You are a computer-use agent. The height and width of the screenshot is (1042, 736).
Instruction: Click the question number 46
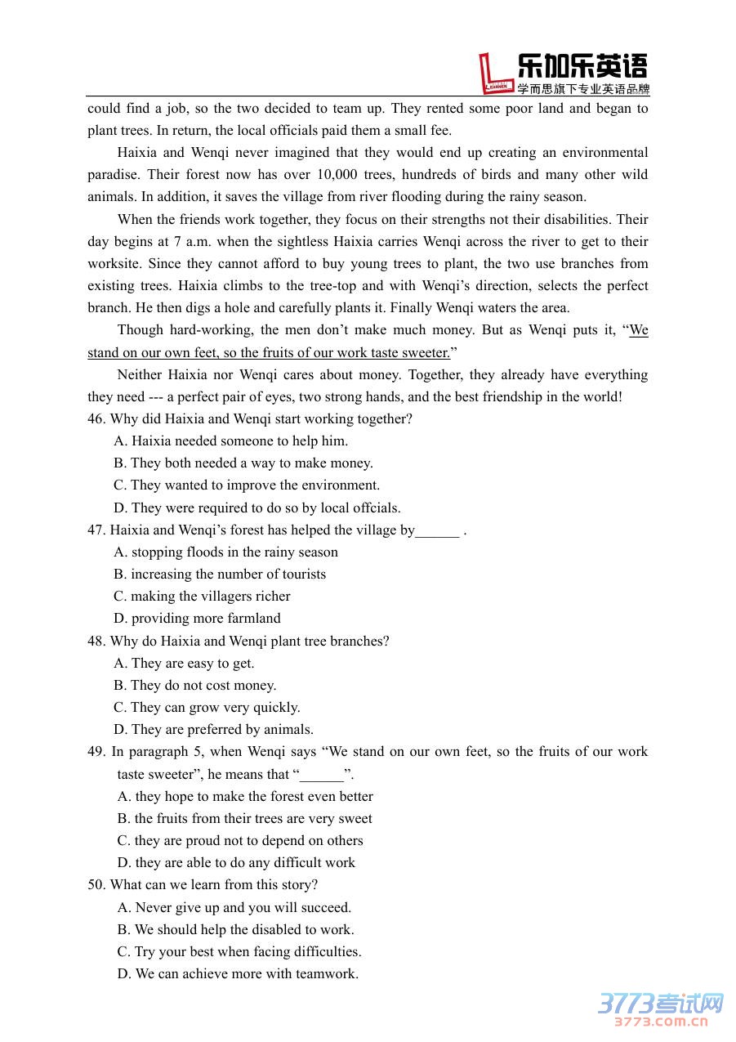(96, 419)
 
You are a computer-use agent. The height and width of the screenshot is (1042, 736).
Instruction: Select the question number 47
(96, 530)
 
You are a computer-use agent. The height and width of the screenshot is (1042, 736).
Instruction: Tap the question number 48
(96, 642)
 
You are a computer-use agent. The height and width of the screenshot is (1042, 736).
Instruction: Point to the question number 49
(96, 752)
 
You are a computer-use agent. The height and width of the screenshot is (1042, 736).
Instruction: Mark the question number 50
(96, 885)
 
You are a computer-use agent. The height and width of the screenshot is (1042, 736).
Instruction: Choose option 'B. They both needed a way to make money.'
(243, 463)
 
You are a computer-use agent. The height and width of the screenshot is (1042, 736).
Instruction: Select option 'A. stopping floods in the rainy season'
(226, 552)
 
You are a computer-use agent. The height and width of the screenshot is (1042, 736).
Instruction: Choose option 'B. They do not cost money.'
(195, 686)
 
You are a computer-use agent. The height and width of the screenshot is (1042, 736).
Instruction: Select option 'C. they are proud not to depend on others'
(240, 841)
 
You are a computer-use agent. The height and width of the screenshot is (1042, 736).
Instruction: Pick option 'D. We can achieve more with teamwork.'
(238, 974)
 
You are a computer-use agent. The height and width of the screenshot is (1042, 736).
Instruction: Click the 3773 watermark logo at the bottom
(661, 1009)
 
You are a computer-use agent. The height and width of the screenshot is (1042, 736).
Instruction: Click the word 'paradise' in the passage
(112, 175)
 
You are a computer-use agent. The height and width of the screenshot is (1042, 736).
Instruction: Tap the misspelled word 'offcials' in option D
(375, 508)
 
